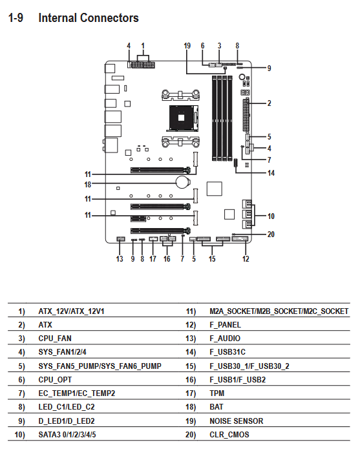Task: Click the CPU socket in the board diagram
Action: (184, 118)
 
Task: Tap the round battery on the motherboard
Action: (183, 182)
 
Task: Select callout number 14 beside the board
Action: (271, 173)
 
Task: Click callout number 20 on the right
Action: (271, 235)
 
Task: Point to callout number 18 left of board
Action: (88, 184)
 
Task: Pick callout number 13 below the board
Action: (120, 259)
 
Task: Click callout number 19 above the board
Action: (187, 46)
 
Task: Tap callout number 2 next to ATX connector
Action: (270, 103)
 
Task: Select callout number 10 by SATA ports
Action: (271, 216)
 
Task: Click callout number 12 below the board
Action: (246, 259)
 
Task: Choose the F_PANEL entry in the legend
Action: (225, 325)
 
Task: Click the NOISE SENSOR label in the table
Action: (237, 421)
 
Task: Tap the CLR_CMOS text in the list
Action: (229, 435)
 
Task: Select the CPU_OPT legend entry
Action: (55, 380)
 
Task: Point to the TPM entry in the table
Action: (217, 393)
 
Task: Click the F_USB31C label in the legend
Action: (228, 352)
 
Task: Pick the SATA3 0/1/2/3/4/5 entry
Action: (67, 435)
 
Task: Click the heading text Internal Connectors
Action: (89, 17)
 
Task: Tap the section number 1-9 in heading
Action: (16, 17)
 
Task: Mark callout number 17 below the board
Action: (153, 259)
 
